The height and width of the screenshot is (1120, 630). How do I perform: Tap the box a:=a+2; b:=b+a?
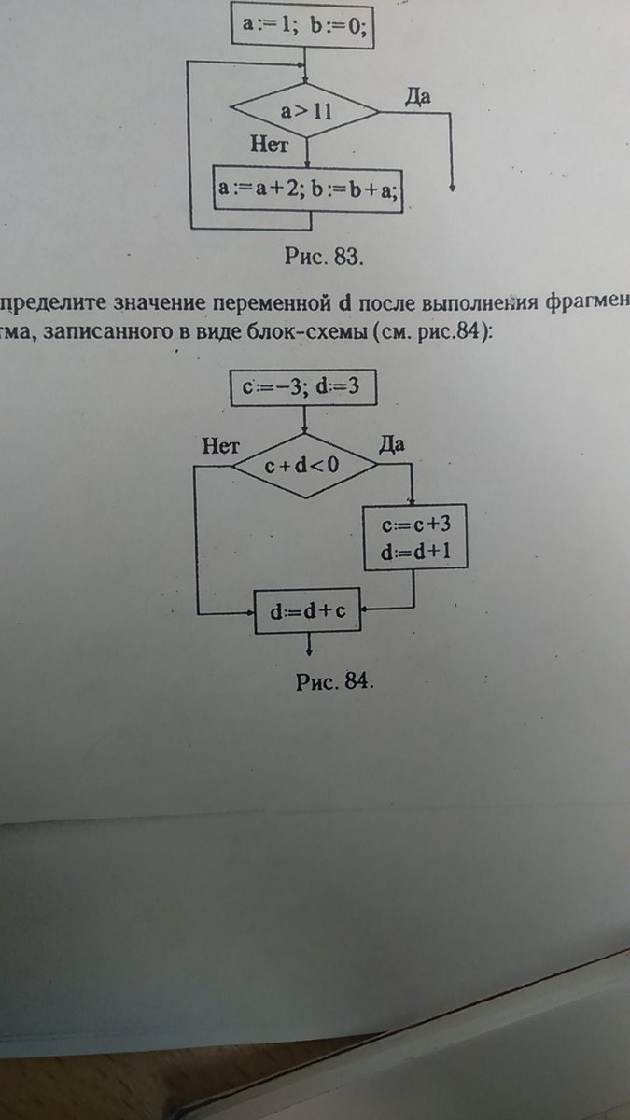tap(308, 187)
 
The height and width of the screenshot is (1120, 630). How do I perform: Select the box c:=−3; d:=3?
tap(302, 388)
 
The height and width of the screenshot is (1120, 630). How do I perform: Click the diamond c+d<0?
tap(304, 465)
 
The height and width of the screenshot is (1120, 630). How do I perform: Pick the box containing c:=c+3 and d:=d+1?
tap(413, 538)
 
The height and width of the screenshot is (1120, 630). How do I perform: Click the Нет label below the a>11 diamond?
tap(273, 146)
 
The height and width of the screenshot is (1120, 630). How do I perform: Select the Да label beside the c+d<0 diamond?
tap(391, 444)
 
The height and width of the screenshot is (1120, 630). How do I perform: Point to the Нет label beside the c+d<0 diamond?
tap(223, 445)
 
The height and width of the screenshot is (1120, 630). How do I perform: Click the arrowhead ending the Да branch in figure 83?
tap(452, 187)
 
